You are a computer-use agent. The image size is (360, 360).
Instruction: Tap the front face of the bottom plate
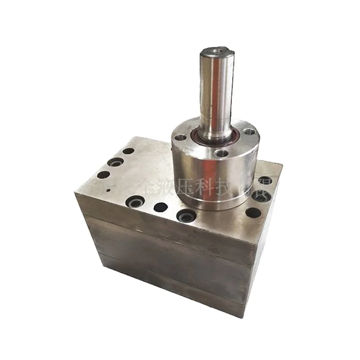pyautogui.click(x=171, y=281)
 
